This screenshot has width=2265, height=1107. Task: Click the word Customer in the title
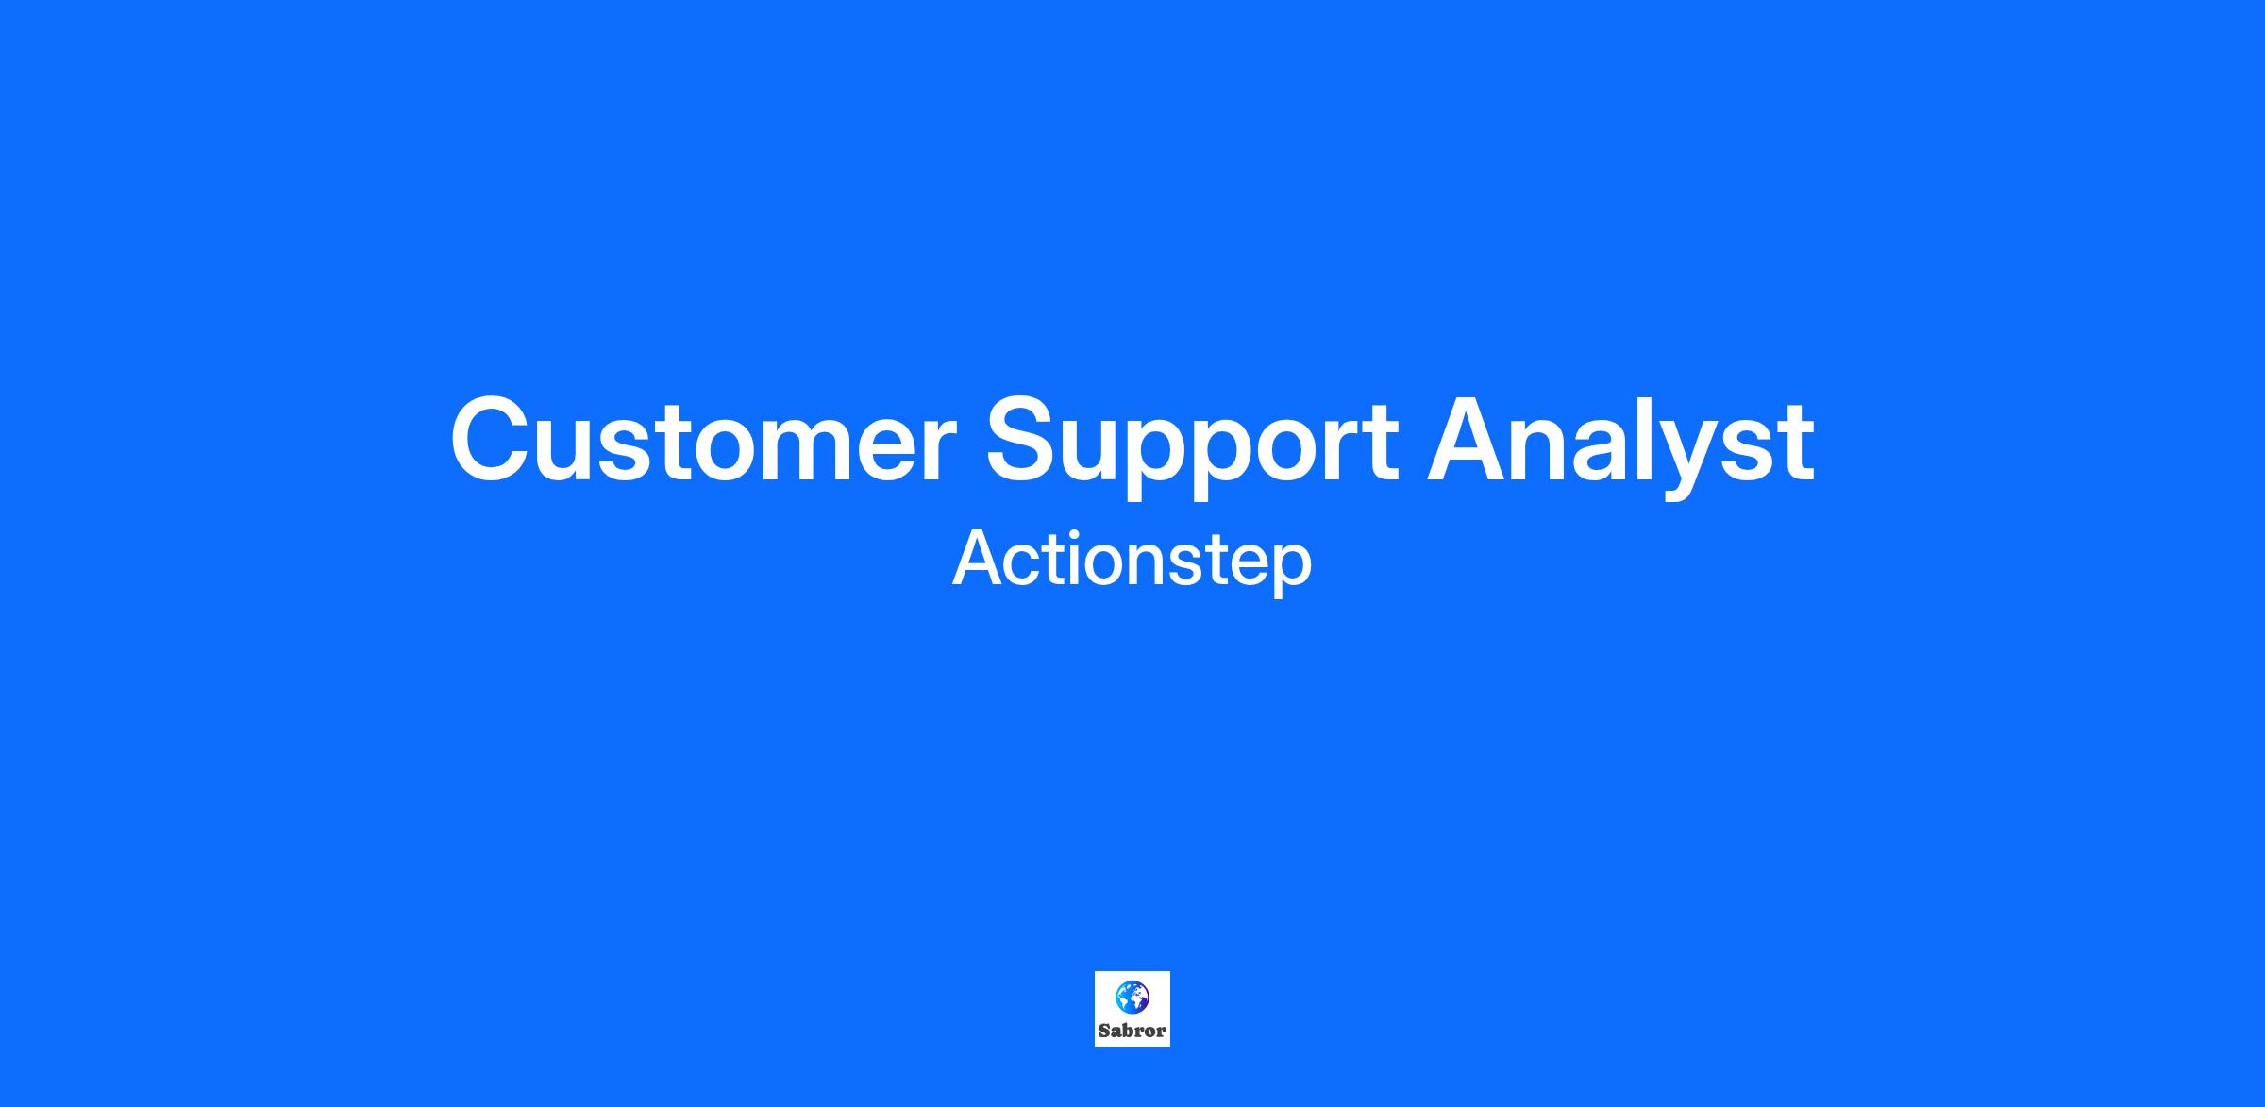703,440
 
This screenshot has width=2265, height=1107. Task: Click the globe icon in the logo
1132,997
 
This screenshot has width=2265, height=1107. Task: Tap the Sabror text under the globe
1132,1031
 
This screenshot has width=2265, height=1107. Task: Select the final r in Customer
939,449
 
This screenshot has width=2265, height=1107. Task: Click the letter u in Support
1100,451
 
